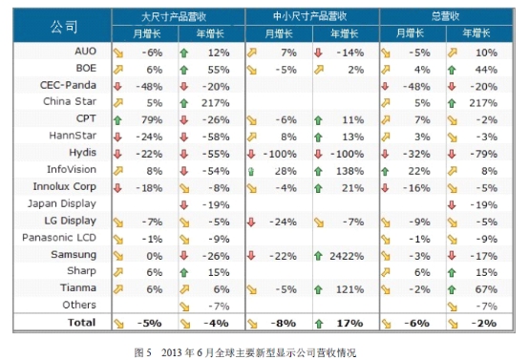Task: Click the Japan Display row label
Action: pos(63,203)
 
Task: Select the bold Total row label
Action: pos(81,323)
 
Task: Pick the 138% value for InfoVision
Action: pos(350,170)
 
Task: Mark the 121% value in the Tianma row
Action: pos(350,288)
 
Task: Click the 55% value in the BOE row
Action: pos(219,68)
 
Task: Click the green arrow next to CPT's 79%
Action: pos(118,118)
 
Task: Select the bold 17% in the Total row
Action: pos(351,323)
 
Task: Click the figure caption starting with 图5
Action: pos(263,350)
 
